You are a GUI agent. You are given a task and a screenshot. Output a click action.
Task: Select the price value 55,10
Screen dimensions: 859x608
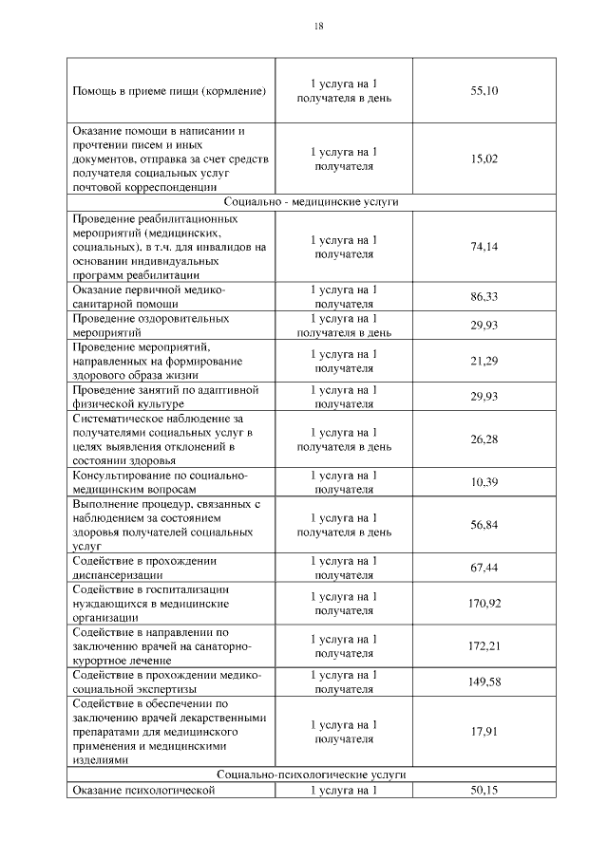pyautogui.click(x=484, y=91)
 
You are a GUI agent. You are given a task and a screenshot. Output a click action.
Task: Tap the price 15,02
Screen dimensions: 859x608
pyautogui.click(x=484, y=159)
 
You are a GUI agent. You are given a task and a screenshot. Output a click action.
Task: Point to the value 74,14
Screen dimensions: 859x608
pyautogui.click(x=484, y=247)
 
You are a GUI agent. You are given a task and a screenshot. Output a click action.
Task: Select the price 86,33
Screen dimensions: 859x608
pyautogui.click(x=484, y=297)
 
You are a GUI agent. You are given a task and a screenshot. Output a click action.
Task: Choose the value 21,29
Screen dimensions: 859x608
pyautogui.click(x=484, y=361)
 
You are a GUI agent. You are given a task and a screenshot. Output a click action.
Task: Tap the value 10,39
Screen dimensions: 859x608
pyautogui.click(x=484, y=483)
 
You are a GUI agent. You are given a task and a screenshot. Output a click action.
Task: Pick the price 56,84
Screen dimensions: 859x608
pyautogui.click(x=484, y=525)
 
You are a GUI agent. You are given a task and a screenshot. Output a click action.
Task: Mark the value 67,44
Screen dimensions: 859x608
pyautogui.click(x=484, y=568)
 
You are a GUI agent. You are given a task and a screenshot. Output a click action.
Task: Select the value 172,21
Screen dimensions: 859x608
pyautogui.click(x=484, y=645)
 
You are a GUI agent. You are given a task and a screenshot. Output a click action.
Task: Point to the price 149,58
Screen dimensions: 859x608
pyautogui.click(x=484, y=682)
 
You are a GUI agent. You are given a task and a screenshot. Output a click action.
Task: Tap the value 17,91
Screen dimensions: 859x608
pyautogui.click(x=484, y=731)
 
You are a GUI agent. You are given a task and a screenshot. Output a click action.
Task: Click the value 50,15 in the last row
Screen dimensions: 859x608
pyautogui.click(x=484, y=790)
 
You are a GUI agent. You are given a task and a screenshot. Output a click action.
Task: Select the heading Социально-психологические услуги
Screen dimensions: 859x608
pyautogui.click(x=312, y=775)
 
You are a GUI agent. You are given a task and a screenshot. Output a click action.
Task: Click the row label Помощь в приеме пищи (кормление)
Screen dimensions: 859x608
pyautogui.click(x=169, y=91)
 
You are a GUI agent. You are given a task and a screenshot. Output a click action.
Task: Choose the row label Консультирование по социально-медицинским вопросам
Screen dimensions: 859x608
pyautogui.click(x=160, y=482)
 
